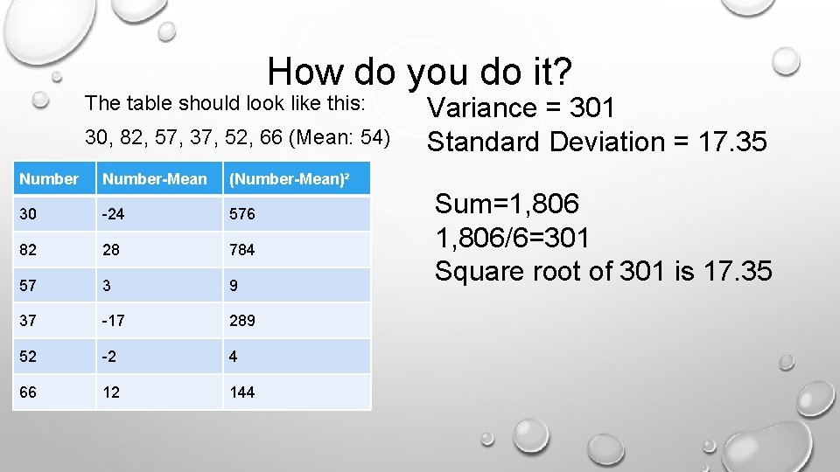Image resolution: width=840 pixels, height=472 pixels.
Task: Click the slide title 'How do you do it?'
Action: click(x=420, y=71)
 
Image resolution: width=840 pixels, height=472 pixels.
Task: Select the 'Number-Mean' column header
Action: click(x=155, y=179)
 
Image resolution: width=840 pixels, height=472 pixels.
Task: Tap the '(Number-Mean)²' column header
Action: click(x=289, y=179)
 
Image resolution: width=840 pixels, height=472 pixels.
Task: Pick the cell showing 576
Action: click(x=241, y=213)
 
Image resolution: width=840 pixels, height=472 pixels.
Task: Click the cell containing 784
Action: click(x=241, y=250)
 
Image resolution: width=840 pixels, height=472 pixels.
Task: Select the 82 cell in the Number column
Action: click(x=28, y=250)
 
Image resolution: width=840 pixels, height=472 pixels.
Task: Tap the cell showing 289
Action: click(x=241, y=321)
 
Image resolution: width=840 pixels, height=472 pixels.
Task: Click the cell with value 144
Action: click(x=241, y=392)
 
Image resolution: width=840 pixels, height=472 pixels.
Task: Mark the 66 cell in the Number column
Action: click(x=28, y=392)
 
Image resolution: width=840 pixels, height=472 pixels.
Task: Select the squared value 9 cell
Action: click(x=233, y=286)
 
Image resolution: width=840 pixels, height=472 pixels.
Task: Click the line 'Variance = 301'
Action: click(x=521, y=108)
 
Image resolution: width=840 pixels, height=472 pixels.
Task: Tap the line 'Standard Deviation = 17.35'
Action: click(x=596, y=141)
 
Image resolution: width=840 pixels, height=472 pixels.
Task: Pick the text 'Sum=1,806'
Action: click(x=507, y=204)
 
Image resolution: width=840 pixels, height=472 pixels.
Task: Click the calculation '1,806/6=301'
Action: click(x=512, y=237)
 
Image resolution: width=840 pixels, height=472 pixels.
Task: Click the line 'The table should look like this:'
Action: click(x=224, y=103)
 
